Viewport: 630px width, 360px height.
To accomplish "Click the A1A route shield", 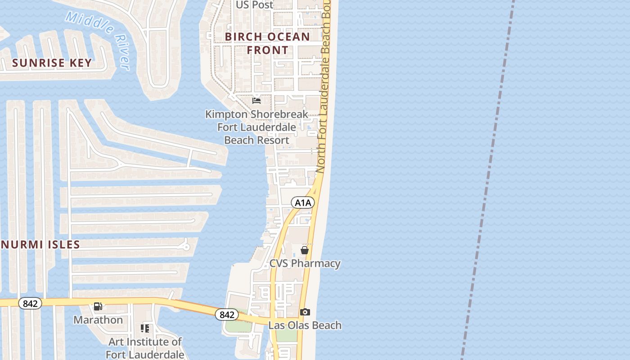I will pos(303,203).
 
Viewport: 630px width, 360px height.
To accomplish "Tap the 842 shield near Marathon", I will pos(30,304).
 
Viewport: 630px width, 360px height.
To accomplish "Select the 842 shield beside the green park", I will pos(227,315).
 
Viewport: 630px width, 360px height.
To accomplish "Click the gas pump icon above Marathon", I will pos(98,306).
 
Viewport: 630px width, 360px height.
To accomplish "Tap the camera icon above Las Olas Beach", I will pos(305,312).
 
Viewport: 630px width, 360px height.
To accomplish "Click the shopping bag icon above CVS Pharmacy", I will pos(305,250).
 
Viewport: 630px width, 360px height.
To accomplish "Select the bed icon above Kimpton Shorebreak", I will pos(256,100).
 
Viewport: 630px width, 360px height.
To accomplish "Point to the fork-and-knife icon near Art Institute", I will pos(145,328).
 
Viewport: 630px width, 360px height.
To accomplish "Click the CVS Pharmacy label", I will pos(305,263).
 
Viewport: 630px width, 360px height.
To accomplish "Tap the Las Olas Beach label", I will pos(305,325).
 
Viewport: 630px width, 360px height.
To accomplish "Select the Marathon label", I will pos(98,320).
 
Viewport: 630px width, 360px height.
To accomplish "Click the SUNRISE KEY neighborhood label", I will pos(52,63).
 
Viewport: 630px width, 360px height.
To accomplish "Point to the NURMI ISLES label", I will pos(40,245).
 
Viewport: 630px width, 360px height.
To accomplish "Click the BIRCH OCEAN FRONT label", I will pos(267,43).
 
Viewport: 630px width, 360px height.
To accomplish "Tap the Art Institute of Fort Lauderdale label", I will pos(145,348).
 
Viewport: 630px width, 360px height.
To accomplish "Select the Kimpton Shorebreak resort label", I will pos(256,127).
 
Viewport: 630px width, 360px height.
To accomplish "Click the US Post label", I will pos(255,5).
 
